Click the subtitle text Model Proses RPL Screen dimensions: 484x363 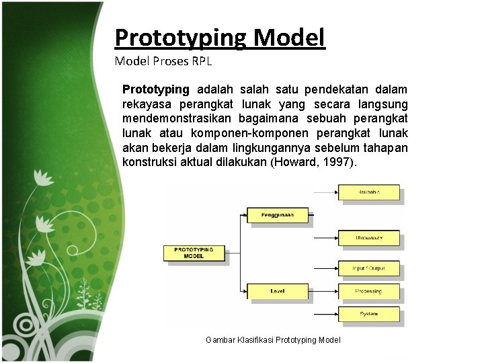click(163, 62)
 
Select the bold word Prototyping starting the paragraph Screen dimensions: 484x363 click(156, 90)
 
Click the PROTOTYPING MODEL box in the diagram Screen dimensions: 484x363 click(194, 253)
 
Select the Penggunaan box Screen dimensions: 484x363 click(277, 215)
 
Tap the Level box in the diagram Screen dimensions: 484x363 click(277, 291)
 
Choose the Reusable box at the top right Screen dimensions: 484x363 click(368, 192)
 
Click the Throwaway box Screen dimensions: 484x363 click(368, 238)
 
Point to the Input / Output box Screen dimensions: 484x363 click(368, 269)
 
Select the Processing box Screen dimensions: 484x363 click(368, 291)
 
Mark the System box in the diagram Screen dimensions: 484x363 click(368, 313)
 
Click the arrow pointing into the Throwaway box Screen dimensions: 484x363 click(326, 238)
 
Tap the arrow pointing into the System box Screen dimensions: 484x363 click(326, 313)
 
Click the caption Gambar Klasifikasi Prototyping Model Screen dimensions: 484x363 click(273, 340)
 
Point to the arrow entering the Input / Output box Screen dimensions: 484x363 click(326, 269)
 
